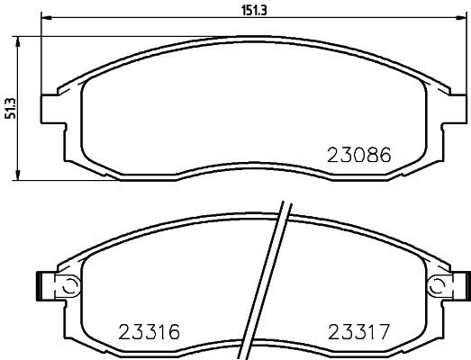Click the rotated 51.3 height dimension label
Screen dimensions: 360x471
tap(10, 108)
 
